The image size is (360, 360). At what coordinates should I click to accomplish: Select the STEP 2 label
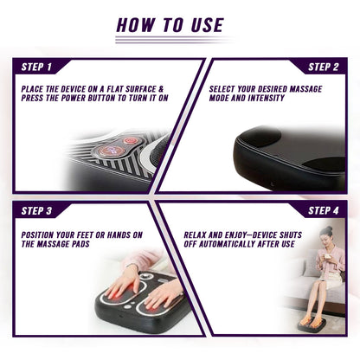click(x=325, y=67)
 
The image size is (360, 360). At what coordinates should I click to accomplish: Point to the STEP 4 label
click(x=325, y=210)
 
